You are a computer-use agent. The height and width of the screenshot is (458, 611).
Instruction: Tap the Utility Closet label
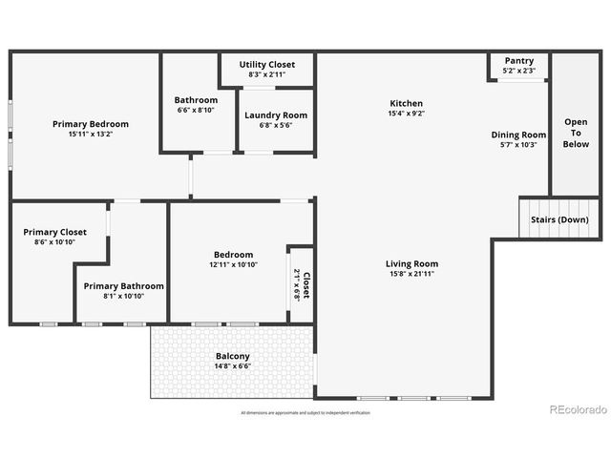pos(266,64)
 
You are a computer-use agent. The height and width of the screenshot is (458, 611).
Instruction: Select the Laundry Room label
pos(275,115)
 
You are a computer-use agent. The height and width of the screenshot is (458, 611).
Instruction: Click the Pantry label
pos(519,60)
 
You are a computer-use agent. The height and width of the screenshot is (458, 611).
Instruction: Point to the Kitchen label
pos(406,103)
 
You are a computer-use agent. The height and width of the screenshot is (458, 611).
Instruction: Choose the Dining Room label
pos(518,135)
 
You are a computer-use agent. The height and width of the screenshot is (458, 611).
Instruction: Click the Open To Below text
pos(576,133)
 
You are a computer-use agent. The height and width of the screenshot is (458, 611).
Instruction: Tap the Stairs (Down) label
pos(559,219)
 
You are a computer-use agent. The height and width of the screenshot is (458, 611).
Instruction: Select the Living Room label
pos(411,263)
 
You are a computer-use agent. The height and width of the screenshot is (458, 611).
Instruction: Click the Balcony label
pos(233,356)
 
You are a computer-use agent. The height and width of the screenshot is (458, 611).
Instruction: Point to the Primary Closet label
pos(55,232)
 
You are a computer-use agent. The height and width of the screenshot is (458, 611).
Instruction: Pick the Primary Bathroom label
pos(123,285)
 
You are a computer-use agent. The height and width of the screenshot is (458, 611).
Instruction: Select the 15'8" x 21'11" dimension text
pos(411,274)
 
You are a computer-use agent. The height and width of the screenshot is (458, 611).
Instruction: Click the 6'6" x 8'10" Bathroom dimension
pos(196,110)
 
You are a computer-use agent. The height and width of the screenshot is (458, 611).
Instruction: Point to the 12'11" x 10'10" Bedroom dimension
pos(233,264)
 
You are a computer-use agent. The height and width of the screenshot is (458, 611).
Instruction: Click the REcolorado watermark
pos(579,409)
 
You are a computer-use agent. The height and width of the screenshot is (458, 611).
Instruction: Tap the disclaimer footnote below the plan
pos(305,413)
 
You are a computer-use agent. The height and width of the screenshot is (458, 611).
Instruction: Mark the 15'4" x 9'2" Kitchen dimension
pos(406,114)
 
